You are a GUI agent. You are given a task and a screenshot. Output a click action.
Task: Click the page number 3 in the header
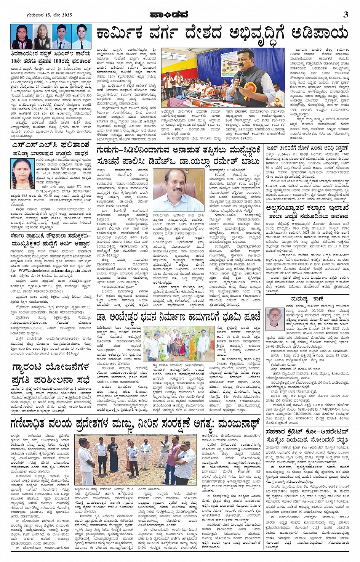pos(345,14)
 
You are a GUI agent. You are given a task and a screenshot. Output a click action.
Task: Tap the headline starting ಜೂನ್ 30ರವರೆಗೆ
pos(307,148)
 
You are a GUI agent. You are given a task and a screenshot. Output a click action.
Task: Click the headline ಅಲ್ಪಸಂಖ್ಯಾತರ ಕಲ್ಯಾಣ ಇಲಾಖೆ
pos(307,208)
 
